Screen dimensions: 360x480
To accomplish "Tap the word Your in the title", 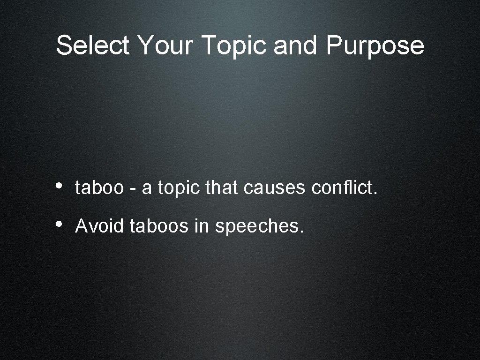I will click(x=165, y=46).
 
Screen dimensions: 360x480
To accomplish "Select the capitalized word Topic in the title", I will click(x=234, y=46).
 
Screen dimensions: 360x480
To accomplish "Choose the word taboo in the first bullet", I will click(x=99, y=188).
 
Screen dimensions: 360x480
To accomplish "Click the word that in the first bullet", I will click(x=222, y=188).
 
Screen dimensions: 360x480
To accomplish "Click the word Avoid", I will click(x=99, y=226).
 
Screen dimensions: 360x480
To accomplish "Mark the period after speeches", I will click(x=301, y=232).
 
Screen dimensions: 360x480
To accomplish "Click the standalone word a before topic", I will click(x=147, y=189).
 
